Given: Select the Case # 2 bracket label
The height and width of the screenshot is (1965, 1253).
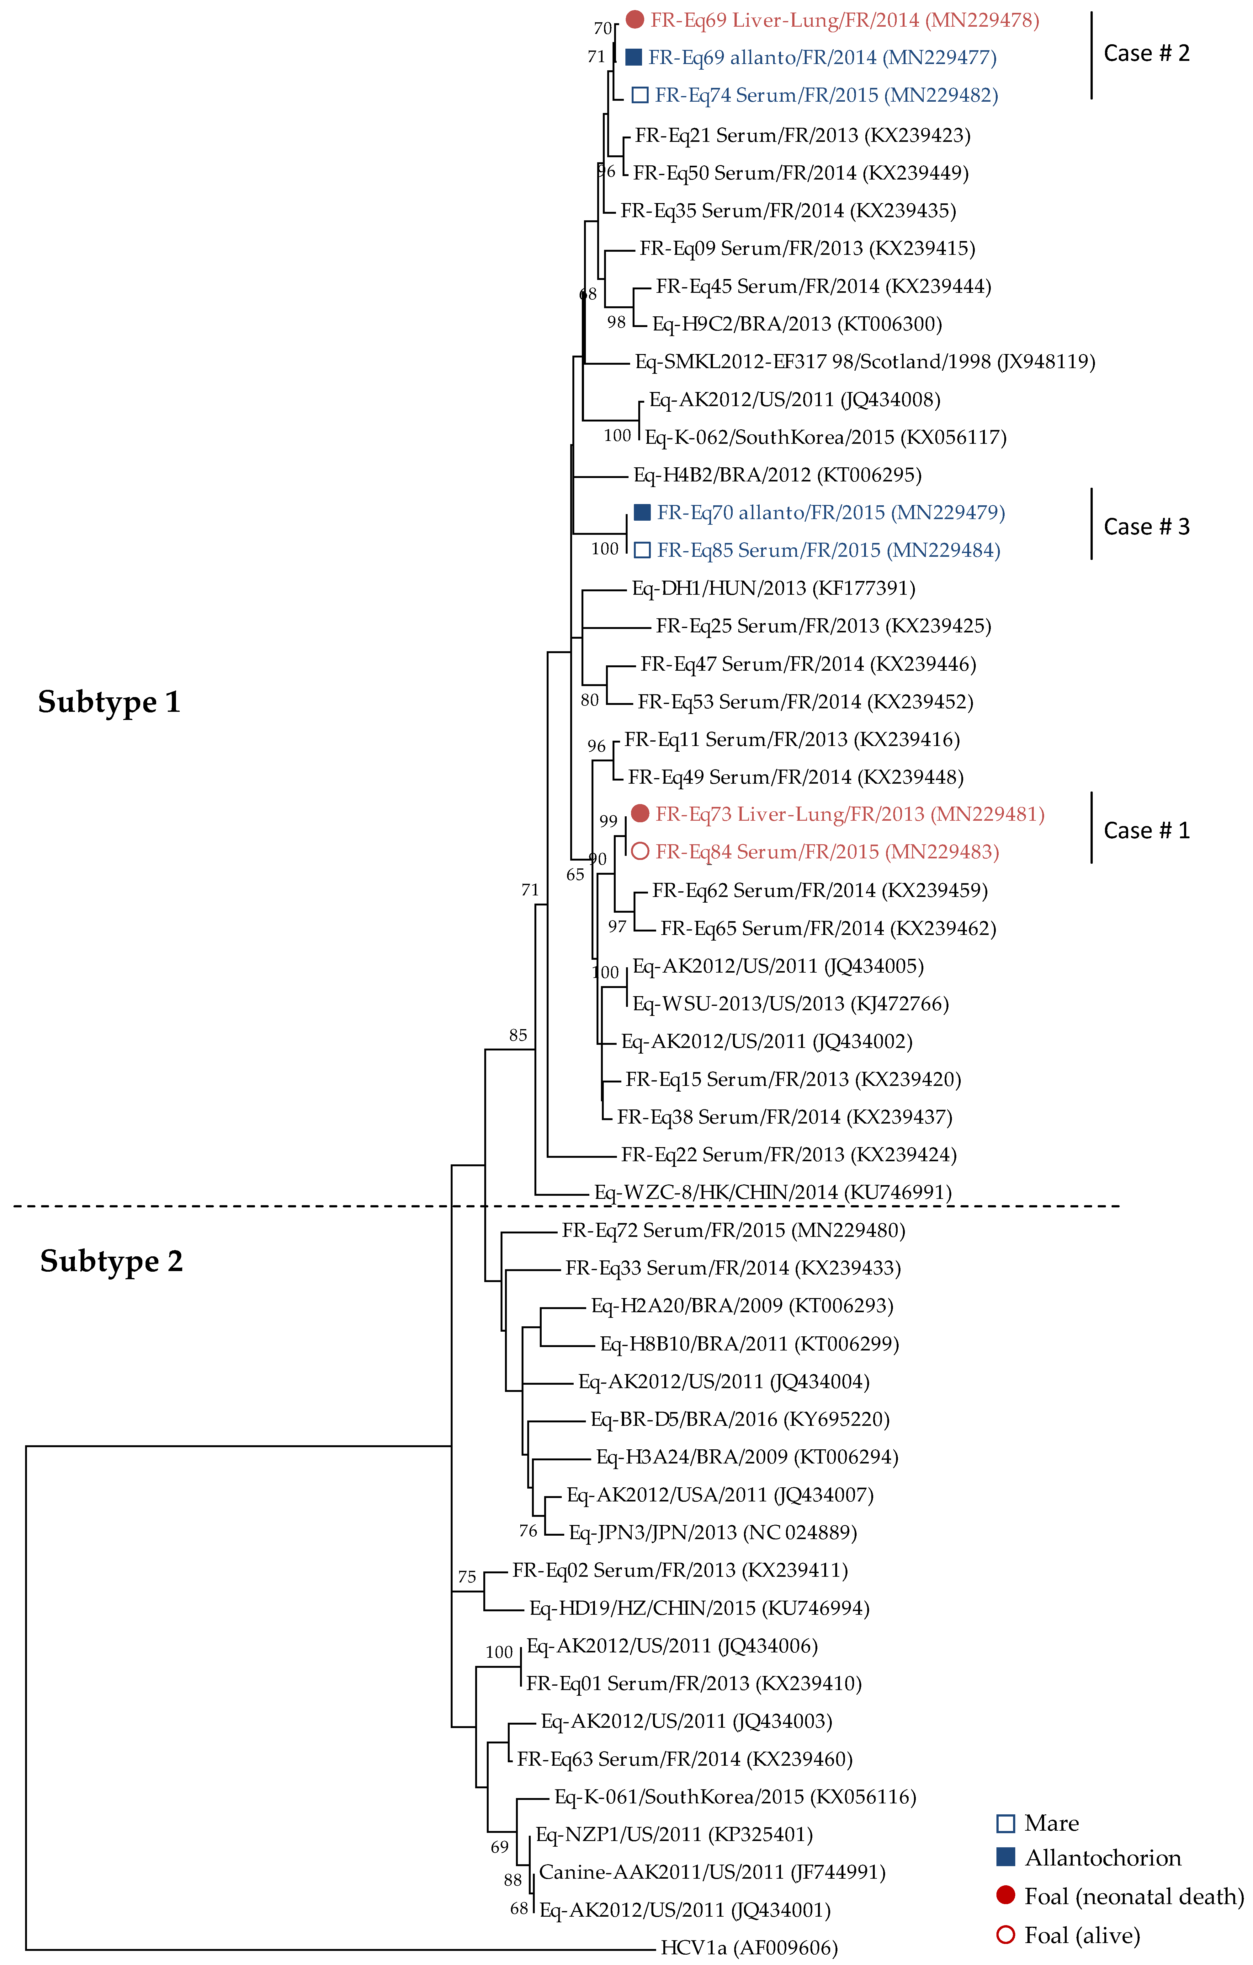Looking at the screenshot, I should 1146,54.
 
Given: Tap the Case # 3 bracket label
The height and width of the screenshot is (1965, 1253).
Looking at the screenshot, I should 1146,527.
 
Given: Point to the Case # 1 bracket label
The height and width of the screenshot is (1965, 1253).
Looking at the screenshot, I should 1146,831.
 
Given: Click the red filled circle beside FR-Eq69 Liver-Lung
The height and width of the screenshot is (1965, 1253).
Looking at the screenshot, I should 635,19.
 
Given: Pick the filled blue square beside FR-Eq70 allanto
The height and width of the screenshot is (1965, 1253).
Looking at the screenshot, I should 642,513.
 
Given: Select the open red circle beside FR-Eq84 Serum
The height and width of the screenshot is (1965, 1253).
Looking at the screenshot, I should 640,852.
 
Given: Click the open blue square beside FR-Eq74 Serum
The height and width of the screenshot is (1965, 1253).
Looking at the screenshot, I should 640,95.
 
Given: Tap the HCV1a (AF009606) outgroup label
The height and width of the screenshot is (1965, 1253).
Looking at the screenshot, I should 749,1948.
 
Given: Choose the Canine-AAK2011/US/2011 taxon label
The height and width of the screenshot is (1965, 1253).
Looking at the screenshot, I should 711,1872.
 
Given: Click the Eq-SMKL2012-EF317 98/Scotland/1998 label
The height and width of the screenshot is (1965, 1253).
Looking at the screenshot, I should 865,362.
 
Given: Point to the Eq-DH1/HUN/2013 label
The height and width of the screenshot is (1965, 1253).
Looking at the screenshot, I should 773,588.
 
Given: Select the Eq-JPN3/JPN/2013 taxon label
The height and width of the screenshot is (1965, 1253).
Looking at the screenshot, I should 712,1533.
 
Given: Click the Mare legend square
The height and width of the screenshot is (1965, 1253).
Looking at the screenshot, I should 1006,1823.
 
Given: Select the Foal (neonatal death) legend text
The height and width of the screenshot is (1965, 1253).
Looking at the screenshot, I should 1134,1897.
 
